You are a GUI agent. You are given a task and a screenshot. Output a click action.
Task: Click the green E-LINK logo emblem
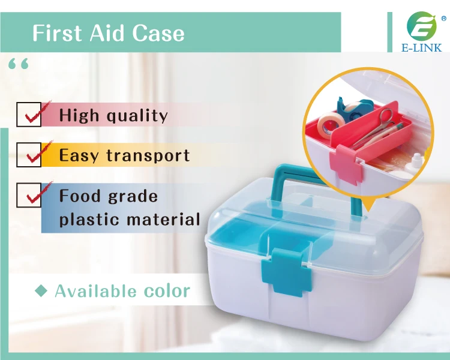pos(422,26)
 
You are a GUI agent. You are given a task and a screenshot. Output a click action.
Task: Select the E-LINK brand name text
pos(422,47)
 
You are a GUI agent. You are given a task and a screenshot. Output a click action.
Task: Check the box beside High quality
pos(29,114)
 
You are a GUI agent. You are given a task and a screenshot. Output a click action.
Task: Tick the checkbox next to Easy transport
pos(29,154)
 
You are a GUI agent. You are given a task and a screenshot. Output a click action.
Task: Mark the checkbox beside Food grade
pos(29,195)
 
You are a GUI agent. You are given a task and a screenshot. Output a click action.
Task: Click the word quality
pos(137,116)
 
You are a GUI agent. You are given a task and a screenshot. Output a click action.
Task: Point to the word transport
pos(148,155)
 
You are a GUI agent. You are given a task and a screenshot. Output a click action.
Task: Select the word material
pos(163,219)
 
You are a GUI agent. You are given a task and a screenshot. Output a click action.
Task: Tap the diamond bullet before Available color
pos(41,291)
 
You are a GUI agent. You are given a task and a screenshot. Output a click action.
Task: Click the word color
pos(167,290)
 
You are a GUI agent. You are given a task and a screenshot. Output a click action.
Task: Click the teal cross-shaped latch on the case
pos(287,271)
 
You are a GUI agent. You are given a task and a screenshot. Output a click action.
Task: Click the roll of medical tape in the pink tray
pos(331,125)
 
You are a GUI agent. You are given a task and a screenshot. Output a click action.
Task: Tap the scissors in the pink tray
pos(374,127)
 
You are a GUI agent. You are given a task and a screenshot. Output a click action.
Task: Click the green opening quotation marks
pos(19,64)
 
